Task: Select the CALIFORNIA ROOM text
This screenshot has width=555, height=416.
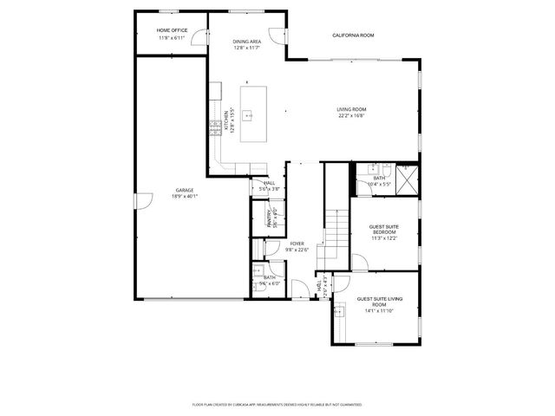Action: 353,35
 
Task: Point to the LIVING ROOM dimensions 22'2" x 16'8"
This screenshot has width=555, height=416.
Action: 351,115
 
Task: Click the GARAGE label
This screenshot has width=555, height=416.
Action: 185,190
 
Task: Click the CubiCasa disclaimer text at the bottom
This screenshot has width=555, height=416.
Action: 277,404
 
